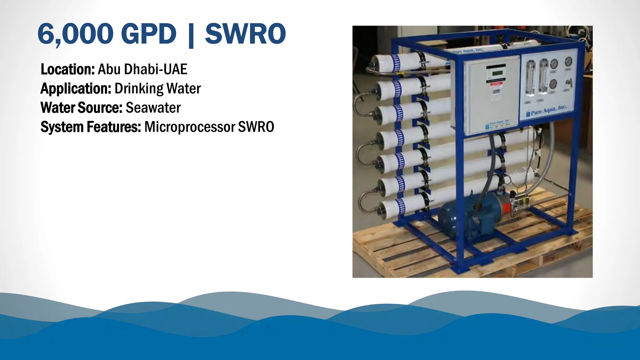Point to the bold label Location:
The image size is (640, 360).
point(67,69)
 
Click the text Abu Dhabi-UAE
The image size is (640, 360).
point(142,69)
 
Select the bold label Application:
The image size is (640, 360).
point(76,89)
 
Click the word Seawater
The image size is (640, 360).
point(153,108)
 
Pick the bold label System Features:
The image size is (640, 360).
point(91,127)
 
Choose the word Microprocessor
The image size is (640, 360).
point(190,127)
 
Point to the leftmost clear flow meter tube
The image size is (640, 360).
point(530,78)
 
